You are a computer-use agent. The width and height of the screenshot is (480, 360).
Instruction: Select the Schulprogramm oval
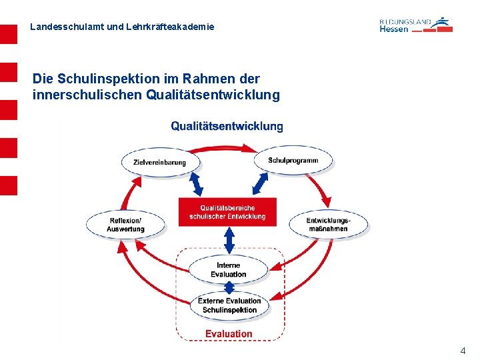point(293,161)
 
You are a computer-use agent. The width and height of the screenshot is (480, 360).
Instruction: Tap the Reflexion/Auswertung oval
point(125,225)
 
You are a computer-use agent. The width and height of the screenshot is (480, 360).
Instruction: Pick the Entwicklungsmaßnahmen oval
point(328,225)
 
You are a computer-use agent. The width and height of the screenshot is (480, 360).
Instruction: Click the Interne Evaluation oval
point(229,270)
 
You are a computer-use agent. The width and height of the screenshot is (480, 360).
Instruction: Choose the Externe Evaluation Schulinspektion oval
point(229,305)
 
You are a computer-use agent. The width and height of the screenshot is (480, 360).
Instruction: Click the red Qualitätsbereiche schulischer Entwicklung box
point(227,212)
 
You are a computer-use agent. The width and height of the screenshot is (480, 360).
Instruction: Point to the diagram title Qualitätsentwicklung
point(227,126)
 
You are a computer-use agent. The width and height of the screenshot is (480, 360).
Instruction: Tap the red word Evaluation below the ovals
point(229,333)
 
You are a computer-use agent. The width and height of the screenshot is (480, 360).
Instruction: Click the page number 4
point(463,350)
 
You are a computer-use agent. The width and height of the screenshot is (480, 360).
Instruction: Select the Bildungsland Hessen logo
point(415,25)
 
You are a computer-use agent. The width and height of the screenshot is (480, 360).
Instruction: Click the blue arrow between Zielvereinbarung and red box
point(197,183)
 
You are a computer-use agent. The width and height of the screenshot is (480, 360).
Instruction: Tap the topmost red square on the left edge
point(9,35)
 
